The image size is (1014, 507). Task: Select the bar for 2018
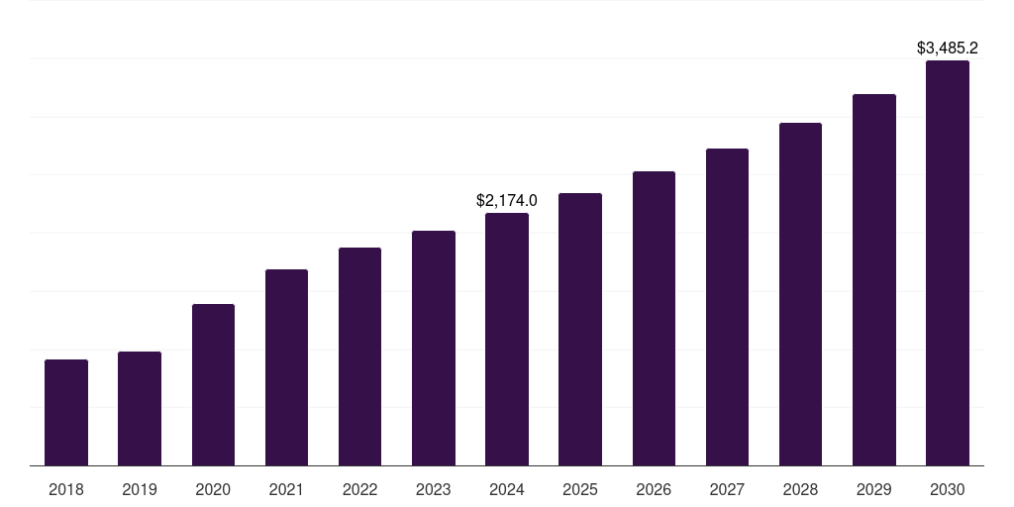pyautogui.click(x=66, y=412)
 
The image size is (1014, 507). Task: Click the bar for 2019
pyautogui.click(x=140, y=408)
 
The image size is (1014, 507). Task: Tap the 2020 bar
pyautogui.click(x=213, y=384)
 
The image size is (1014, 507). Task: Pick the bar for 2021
pyautogui.click(x=286, y=367)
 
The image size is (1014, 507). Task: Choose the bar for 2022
pyautogui.click(x=359, y=356)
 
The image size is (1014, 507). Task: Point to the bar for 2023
pyautogui.click(x=434, y=348)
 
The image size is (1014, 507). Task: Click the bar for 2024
pyautogui.click(x=507, y=339)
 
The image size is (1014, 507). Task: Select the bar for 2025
pyautogui.click(x=580, y=329)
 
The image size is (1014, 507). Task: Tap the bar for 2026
pyautogui.click(x=654, y=318)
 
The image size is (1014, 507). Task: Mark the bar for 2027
pyautogui.click(x=727, y=307)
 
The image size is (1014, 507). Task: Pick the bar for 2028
pyautogui.click(x=800, y=294)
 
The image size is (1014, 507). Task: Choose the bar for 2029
pyautogui.click(x=874, y=279)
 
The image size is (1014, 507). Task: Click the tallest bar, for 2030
pyautogui.click(x=948, y=262)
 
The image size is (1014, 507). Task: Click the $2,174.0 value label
pyautogui.click(x=507, y=201)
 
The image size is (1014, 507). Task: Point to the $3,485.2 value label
pyautogui.click(x=948, y=48)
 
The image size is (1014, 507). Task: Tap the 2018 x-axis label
pyautogui.click(x=66, y=489)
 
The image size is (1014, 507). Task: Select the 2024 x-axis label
pyautogui.click(x=507, y=489)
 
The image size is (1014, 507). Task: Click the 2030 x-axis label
pyautogui.click(x=948, y=489)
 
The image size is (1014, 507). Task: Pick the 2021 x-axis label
pyautogui.click(x=286, y=489)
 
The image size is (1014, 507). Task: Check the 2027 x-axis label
pyautogui.click(x=727, y=489)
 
